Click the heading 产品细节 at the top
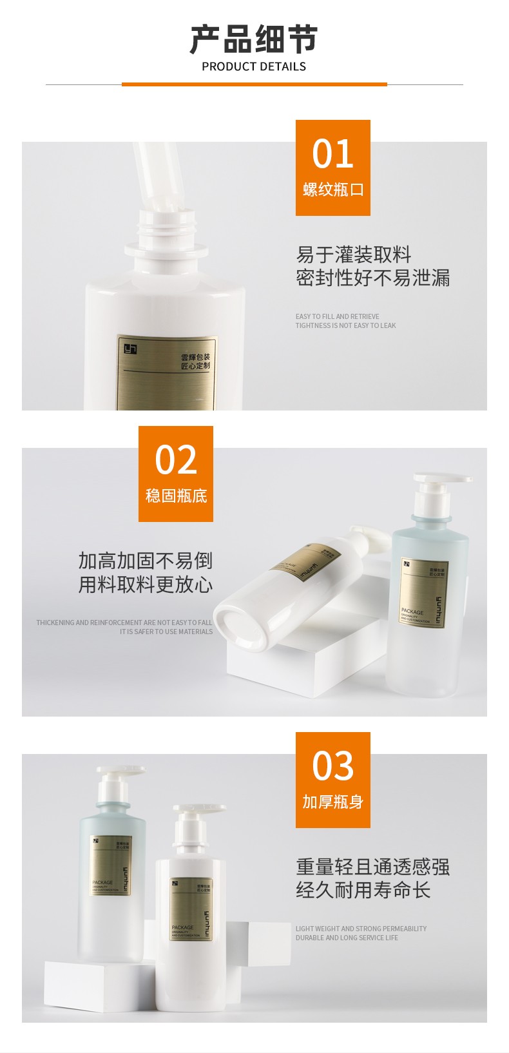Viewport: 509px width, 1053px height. click(x=254, y=39)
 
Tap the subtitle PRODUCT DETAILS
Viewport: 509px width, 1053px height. click(x=254, y=66)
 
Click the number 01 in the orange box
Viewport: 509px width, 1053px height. click(x=332, y=154)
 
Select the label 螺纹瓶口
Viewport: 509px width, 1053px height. click(x=333, y=189)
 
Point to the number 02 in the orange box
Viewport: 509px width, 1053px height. click(x=176, y=460)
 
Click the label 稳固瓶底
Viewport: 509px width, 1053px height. click(x=176, y=496)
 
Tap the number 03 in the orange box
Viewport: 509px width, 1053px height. click(x=332, y=766)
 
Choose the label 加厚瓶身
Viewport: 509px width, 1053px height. click(x=333, y=802)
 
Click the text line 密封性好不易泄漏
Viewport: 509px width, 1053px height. click(x=372, y=278)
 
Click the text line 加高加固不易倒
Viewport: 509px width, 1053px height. click(x=146, y=561)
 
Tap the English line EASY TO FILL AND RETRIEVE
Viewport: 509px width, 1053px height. click(x=338, y=316)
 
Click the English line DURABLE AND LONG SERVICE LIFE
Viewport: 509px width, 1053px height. click(x=347, y=938)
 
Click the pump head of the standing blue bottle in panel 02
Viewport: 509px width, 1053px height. click(x=443, y=481)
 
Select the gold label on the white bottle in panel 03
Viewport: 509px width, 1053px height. click(x=191, y=909)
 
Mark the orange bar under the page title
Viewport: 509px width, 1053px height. click(x=254, y=84)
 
